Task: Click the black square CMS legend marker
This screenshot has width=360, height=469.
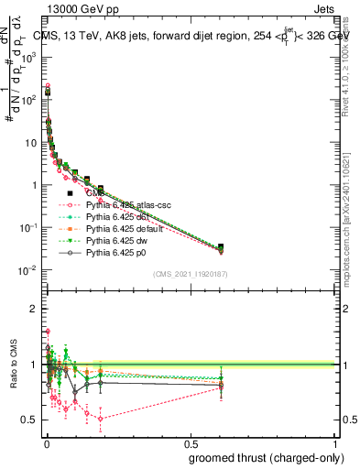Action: (x=70, y=194)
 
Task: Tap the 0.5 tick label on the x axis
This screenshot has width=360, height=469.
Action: (x=190, y=443)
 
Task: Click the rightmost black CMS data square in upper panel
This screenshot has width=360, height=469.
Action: (x=221, y=247)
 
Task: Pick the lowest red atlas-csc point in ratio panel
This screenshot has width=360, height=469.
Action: (x=100, y=419)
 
